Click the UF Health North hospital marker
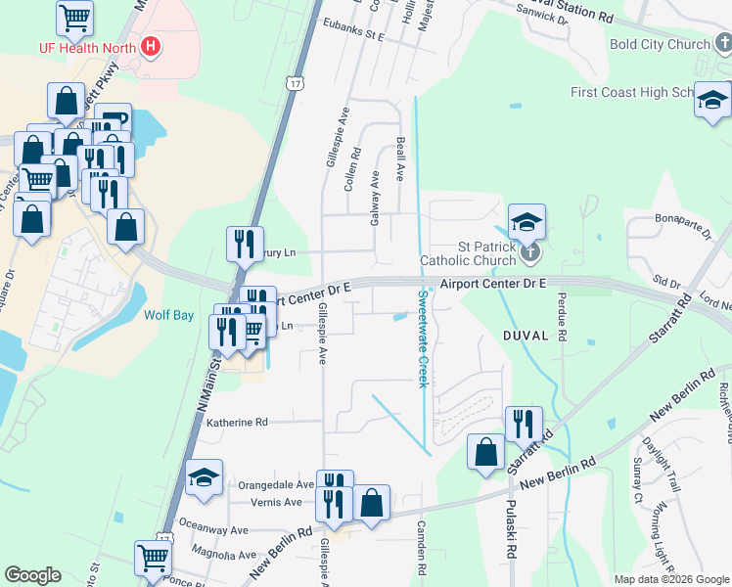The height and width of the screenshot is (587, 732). (150, 45)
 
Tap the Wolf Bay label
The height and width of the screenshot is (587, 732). (164, 316)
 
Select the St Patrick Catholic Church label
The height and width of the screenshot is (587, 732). (468, 253)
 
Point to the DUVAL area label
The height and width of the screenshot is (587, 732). (526, 335)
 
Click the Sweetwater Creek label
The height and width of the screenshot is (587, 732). (423, 339)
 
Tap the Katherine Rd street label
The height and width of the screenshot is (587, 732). (236, 423)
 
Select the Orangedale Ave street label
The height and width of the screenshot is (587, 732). (276, 484)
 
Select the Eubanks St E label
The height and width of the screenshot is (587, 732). (354, 34)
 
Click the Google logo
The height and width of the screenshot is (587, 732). (32, 575)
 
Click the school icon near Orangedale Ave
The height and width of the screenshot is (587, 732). (204, 477)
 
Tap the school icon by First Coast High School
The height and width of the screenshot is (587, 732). (712, 100)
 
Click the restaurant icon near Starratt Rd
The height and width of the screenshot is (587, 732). (524, 424)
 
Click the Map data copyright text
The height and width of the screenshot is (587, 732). (670, 579)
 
